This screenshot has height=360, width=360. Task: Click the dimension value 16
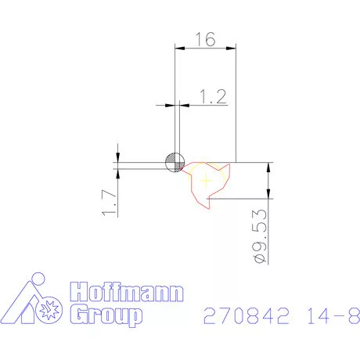tap(206, 39)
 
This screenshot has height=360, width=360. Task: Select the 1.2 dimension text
tap(213, 97)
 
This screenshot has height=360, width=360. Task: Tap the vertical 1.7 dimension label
tap(109, 203)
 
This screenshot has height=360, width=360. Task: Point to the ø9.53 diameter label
tap(260, 236)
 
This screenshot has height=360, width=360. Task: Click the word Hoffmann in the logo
tap(127, 292)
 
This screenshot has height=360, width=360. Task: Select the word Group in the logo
tap(106, 315)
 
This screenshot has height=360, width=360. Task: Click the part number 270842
tap(247, 315)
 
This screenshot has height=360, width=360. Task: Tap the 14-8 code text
tap(333, 315)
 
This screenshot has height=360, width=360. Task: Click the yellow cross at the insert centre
tap(206, 180)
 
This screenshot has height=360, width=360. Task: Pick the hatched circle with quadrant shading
tap(175, 163)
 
